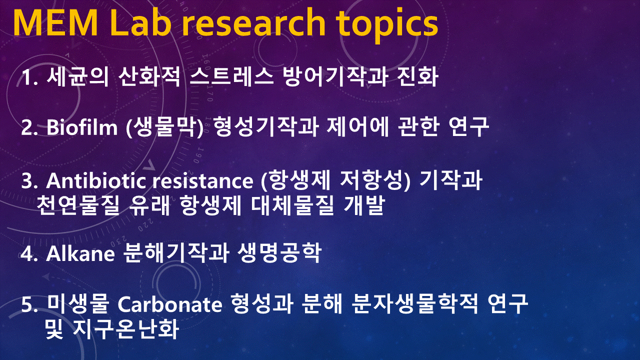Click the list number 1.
click(29, 77)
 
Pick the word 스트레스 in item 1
click(231, 76)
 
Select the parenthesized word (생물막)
click(164, 126)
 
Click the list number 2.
click(29, 127)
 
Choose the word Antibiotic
click(96, 180)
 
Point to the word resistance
click(202, 181)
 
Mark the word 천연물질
click(78, 205)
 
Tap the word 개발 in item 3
click(364, 205)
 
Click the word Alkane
click(80, 253)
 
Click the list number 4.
click(29, 253)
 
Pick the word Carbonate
click(169, 304)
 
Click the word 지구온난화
click(126, 329)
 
